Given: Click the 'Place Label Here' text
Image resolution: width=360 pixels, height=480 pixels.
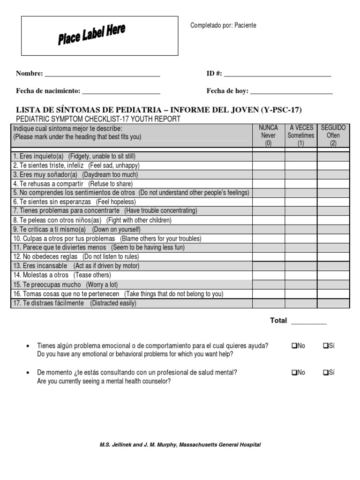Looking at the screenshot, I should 91,35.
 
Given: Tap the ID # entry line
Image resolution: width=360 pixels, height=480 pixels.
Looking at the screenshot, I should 277,75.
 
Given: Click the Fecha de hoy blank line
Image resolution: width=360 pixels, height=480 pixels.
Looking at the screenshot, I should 291,92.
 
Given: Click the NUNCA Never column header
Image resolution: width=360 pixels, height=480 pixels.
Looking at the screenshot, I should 268,135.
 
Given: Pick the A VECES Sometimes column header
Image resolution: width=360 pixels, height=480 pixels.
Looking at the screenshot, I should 300,135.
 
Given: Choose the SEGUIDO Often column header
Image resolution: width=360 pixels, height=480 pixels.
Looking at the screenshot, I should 333,135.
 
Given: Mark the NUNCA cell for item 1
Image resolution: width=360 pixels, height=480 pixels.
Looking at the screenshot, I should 268,156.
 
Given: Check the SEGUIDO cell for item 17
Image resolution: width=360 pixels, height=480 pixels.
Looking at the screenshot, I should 333,303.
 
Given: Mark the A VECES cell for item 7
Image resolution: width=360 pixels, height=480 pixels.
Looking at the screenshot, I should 300,211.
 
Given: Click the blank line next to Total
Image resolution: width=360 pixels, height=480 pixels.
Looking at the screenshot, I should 309,322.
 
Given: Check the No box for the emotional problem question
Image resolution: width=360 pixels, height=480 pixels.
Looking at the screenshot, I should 294,346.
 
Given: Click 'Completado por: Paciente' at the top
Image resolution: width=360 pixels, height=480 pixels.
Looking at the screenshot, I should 223,25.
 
